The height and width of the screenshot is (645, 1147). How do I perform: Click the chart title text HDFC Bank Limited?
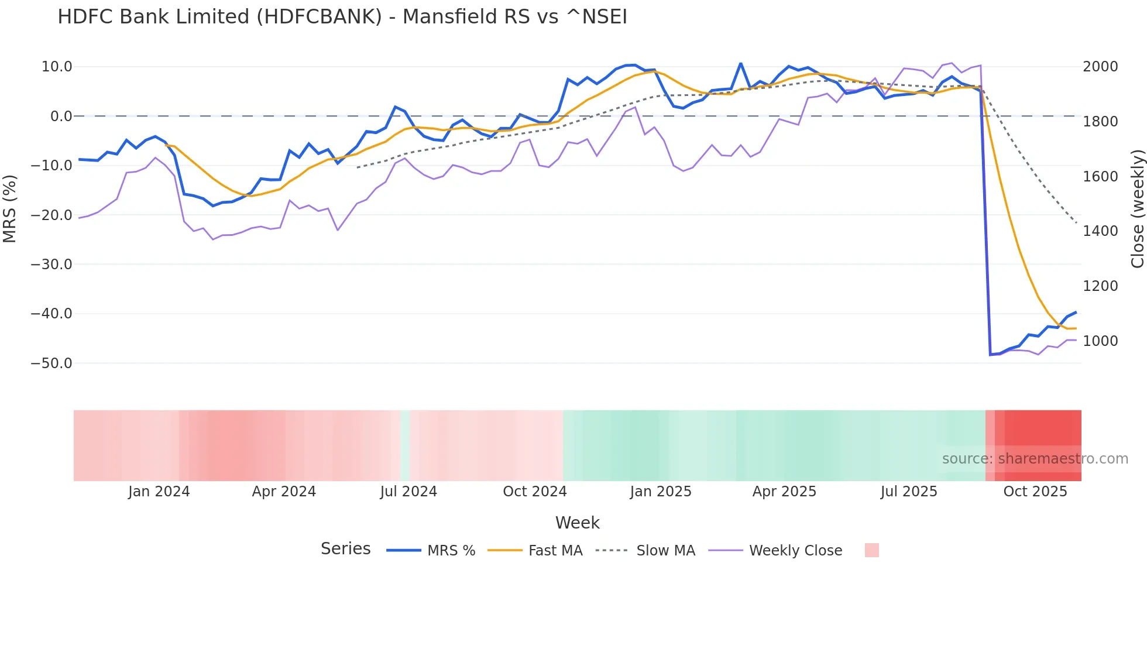pos(342,17)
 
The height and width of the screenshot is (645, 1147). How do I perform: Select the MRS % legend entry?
pos(451,551)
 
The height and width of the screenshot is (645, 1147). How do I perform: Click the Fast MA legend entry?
pos(555,551)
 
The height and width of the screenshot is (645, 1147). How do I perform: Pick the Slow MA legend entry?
pos(665,551)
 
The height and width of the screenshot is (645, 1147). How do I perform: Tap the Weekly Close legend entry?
pos(795,551)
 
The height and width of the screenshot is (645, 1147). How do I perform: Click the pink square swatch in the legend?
pos(871,550)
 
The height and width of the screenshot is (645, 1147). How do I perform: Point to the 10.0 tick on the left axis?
pos(57,67)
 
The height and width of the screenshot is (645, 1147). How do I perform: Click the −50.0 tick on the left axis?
pos(51,363)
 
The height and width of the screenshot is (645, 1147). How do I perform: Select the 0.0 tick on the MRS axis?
pos(61,116)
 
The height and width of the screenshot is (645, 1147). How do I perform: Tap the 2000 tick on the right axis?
pos(1100,67)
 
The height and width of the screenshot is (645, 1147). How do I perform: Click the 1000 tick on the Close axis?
pos(1100,341)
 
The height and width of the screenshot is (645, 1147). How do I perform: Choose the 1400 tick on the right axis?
pos(1100,231)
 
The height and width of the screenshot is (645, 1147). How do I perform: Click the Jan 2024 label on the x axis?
pos(159,492)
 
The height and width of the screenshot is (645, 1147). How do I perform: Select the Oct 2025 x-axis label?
pos(1035,492)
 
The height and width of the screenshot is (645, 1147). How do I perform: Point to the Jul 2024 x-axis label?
pos(408,492)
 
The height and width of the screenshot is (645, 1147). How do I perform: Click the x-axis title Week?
pos(577,523)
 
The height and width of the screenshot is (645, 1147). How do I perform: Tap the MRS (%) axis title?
pos(10,208)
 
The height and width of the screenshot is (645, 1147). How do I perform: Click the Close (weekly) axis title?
pos(1137,208)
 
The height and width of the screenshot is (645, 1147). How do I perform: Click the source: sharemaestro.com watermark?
pos(1035,459)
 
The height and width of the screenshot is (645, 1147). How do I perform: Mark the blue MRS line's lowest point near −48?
pos(990,355)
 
